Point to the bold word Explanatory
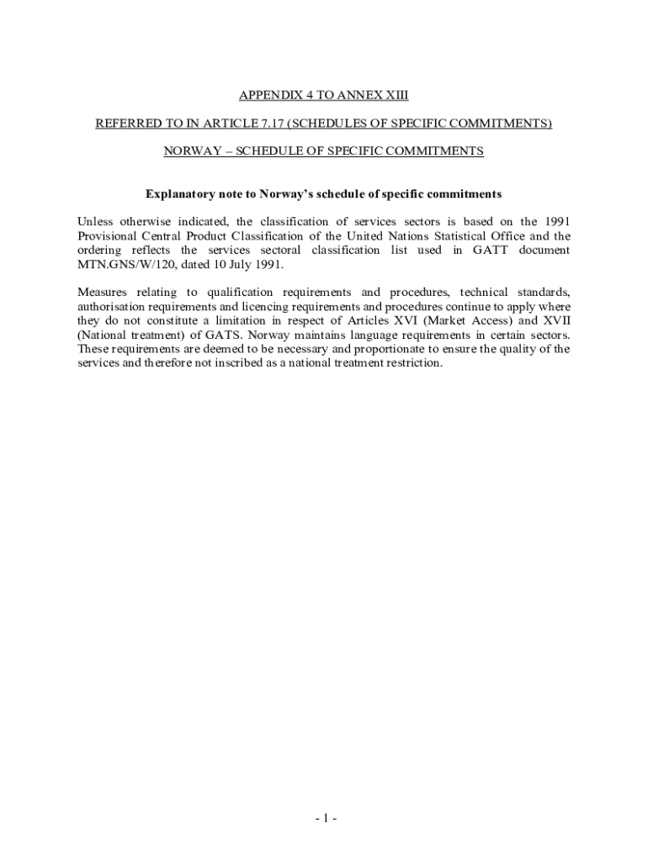pos(182,193)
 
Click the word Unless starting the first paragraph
pos(95,222)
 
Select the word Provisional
pos(109,236)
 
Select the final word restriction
pos(412,363)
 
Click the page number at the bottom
pos(324,819)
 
